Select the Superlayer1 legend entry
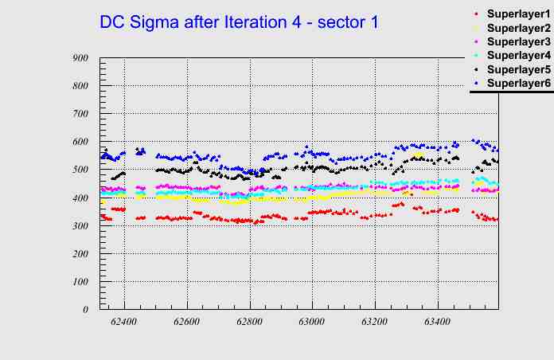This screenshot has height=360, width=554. [x=518, y=14]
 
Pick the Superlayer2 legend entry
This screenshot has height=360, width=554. [x=518, y=29]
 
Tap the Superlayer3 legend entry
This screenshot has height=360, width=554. [x=518, y=41]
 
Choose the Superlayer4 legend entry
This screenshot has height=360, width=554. [x=518, y=55]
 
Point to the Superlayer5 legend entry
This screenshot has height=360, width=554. [x=518, y=69]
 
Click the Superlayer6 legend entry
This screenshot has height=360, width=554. [x=518, y=83]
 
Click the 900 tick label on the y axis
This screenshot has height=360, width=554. [x=80, y=58]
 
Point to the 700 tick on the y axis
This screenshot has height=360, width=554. [x=80, y=114]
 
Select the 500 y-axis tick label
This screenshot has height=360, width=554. [x=80, y=170]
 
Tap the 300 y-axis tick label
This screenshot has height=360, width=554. [x=80, y=226]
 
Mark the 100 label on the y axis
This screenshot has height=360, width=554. [x=80, y=282]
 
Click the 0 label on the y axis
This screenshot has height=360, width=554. [x=84, y=310]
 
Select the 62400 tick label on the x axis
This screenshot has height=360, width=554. [x=124, y=322]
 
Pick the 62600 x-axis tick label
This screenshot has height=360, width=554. [x=187, y=322]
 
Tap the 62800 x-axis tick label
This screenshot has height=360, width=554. [x=249, y=322]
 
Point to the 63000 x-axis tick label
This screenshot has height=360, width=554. [x=312, y=322]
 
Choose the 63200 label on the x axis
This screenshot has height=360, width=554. [x=374, y=322]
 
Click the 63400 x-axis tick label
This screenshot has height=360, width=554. [x=437, y=322]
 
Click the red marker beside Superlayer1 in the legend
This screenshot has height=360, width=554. [x=476, y=14]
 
